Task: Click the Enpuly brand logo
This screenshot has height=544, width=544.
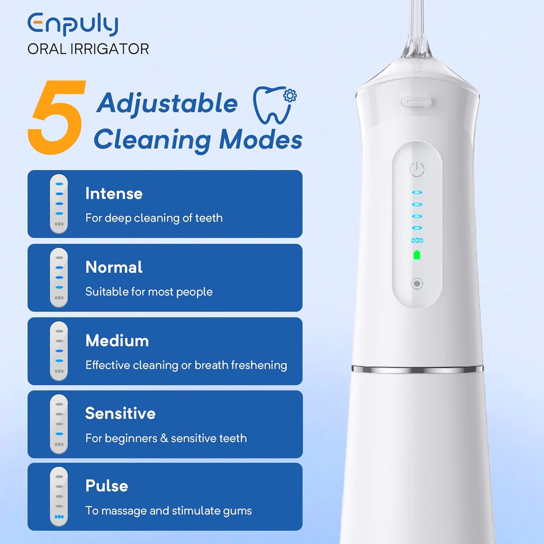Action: pos(73,24)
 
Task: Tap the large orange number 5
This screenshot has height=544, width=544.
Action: pos(57,117)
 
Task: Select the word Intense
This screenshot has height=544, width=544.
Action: pos(114,194)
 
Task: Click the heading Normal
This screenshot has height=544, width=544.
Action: pos(114,267)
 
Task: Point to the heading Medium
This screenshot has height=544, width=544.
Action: pos(117,341)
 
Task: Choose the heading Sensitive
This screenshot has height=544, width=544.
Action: pos(120,413)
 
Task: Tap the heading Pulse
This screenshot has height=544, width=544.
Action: pos(107,486)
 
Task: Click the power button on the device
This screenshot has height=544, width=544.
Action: pos(417,169)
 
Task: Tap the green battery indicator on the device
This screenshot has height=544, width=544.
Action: pos(417,255)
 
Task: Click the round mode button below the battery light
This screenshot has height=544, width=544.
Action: pos(417,283)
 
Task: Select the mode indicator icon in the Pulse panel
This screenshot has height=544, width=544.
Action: pos(59,496)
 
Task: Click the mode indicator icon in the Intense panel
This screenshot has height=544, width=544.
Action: pos(59,204)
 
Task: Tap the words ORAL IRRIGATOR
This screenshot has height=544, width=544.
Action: pos(88,49)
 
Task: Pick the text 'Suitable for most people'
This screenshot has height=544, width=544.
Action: pos(149,292)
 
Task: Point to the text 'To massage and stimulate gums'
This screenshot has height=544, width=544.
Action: pos(169,511)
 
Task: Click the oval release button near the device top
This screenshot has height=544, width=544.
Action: pos(416,102)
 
